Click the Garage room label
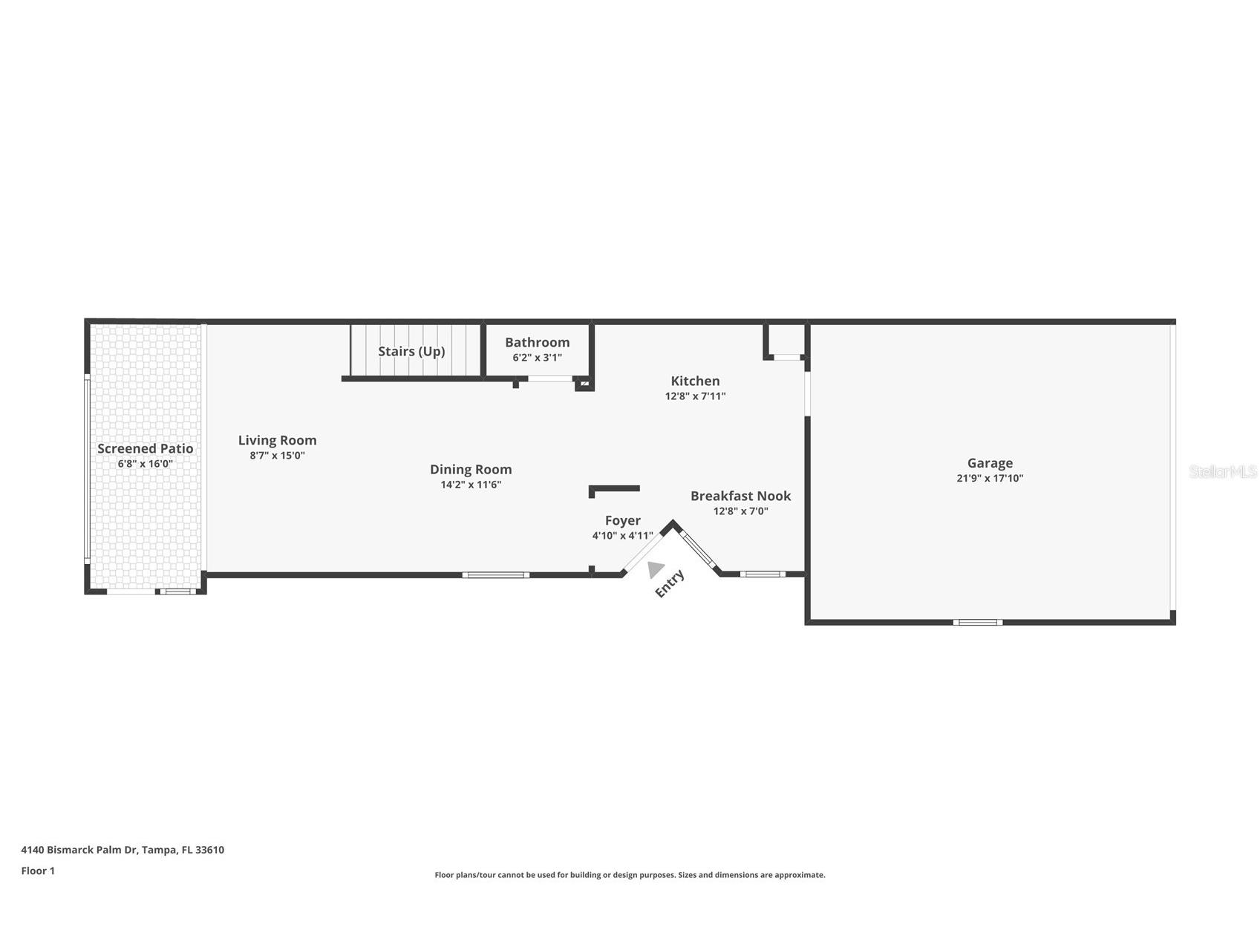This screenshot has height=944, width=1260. click(989, 463)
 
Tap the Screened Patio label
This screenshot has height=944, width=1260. click(145, 448)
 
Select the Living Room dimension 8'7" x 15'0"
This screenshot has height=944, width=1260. click(277, 456)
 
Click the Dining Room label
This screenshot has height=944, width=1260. click(471, 469)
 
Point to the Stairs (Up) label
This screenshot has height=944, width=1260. click(411, 351)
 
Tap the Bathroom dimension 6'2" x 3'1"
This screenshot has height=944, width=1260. click(537, 358)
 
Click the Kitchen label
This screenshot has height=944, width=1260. click(695, 381)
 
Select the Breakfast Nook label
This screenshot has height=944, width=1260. click(740, 496)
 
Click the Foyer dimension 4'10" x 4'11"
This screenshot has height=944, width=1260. click(622, 536)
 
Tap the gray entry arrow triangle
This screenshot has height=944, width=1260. click(654, 569)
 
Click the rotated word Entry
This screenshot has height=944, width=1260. click(669, 583)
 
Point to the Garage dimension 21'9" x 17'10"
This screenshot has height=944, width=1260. click(989, 479)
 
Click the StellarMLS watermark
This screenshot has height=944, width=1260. click(1222, 471)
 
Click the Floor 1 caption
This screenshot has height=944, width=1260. click(38, 871)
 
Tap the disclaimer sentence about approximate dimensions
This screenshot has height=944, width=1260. click(630, 875)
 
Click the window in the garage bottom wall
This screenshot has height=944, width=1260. click(977, 622)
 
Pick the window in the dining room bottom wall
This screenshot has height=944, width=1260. click(495, 574)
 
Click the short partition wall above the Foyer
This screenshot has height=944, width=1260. click(614, 488)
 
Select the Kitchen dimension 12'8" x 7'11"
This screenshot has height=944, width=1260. click(695, 396)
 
